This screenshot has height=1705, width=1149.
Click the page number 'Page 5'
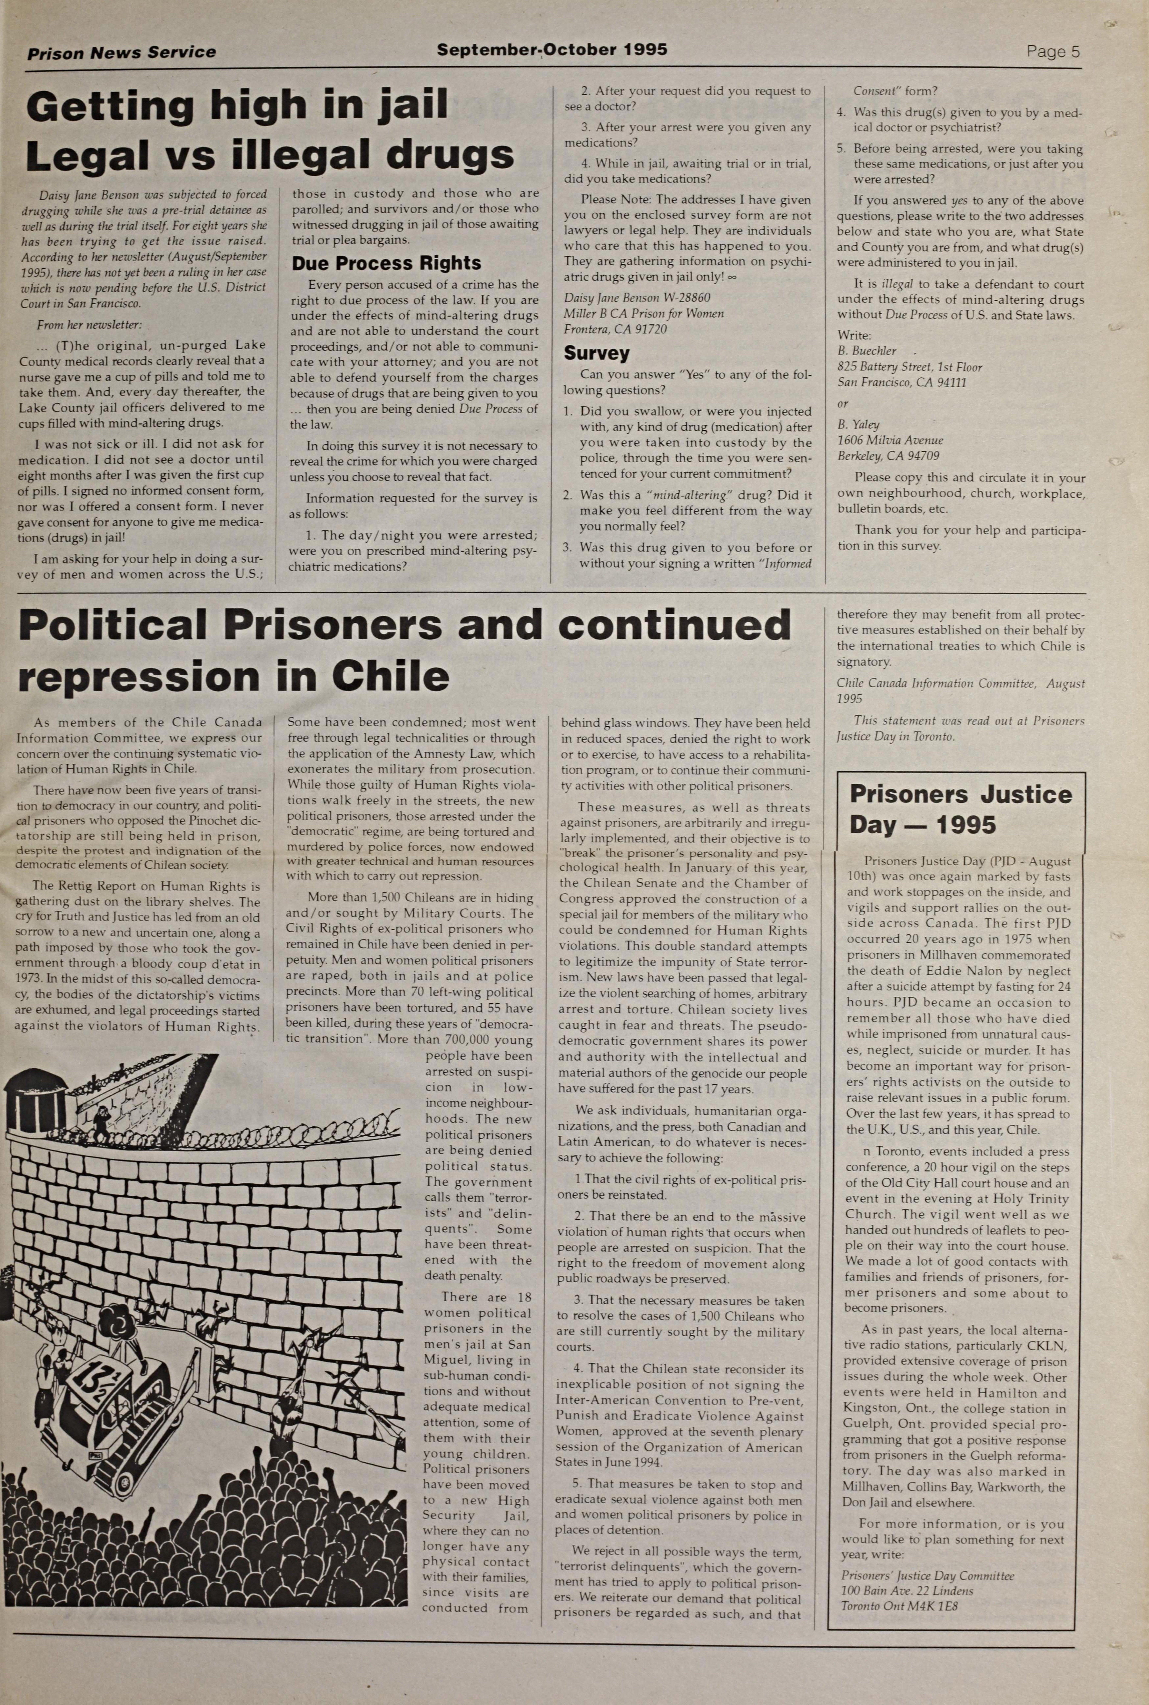pyautogui.click(x=1053, y=52)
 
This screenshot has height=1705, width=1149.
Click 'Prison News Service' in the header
pyautogui.click(x=122, y=53)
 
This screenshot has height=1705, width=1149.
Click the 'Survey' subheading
pyautogui.click(x=596, y=353)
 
